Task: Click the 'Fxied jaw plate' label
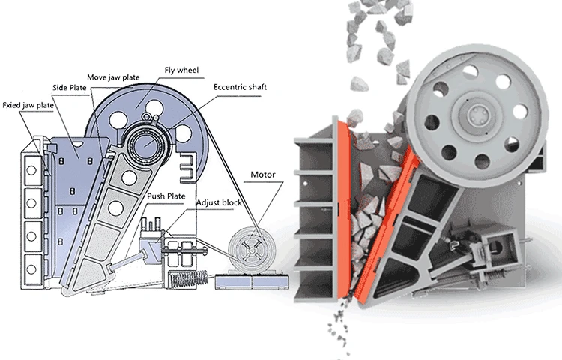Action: tap(28, 105)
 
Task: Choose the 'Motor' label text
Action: tap(263, 175)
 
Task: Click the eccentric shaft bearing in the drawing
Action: tap(145, 142)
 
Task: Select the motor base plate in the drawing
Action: tap(248, 282)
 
